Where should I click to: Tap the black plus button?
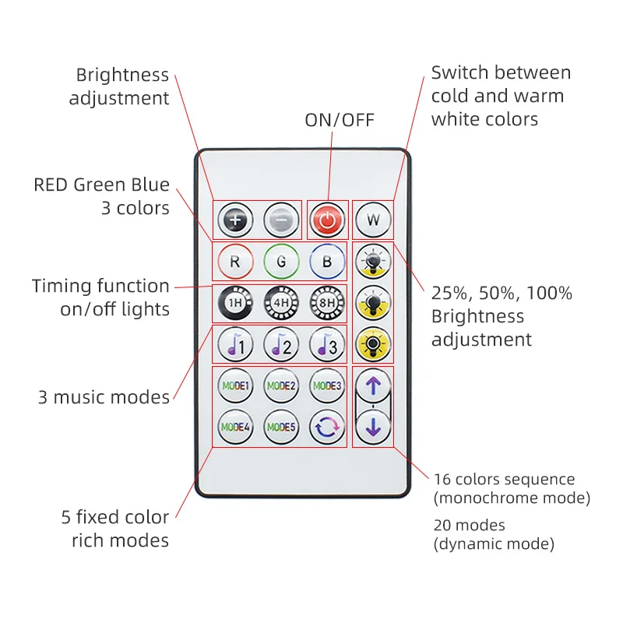[235, 221]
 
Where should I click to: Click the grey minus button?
[281, 221]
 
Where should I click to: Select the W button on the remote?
[373, 221]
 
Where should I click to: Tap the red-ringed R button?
[235, 262]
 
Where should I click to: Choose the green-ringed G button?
[281, 262]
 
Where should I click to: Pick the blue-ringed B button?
[327, 262]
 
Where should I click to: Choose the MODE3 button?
[327, 385]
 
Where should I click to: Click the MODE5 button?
[281, 427]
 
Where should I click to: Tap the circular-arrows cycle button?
[327, 427]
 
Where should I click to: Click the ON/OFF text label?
[340, 120]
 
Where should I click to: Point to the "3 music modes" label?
[104, 397]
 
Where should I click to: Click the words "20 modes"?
[469, 525]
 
